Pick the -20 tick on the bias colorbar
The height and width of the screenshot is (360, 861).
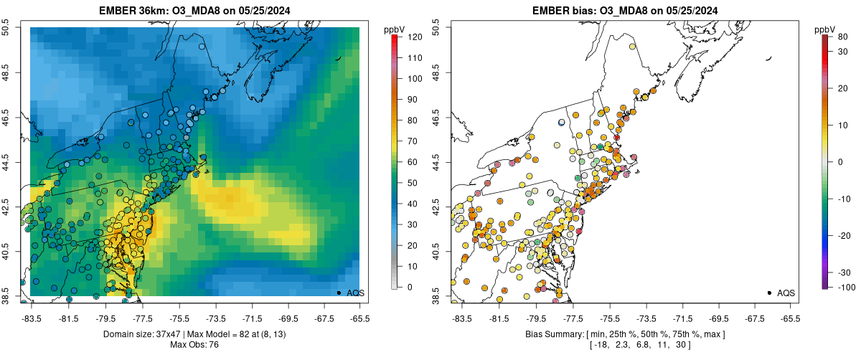[x=844, y=235]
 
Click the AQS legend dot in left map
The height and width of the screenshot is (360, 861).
[x=339, y=293]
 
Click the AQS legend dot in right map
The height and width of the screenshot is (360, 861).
[x=769, y=293]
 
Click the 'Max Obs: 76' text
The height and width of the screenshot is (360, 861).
[x=194, y=346]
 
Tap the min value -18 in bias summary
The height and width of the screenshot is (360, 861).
[x=600, y=346]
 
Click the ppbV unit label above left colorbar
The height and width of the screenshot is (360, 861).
[x=394, y=29]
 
